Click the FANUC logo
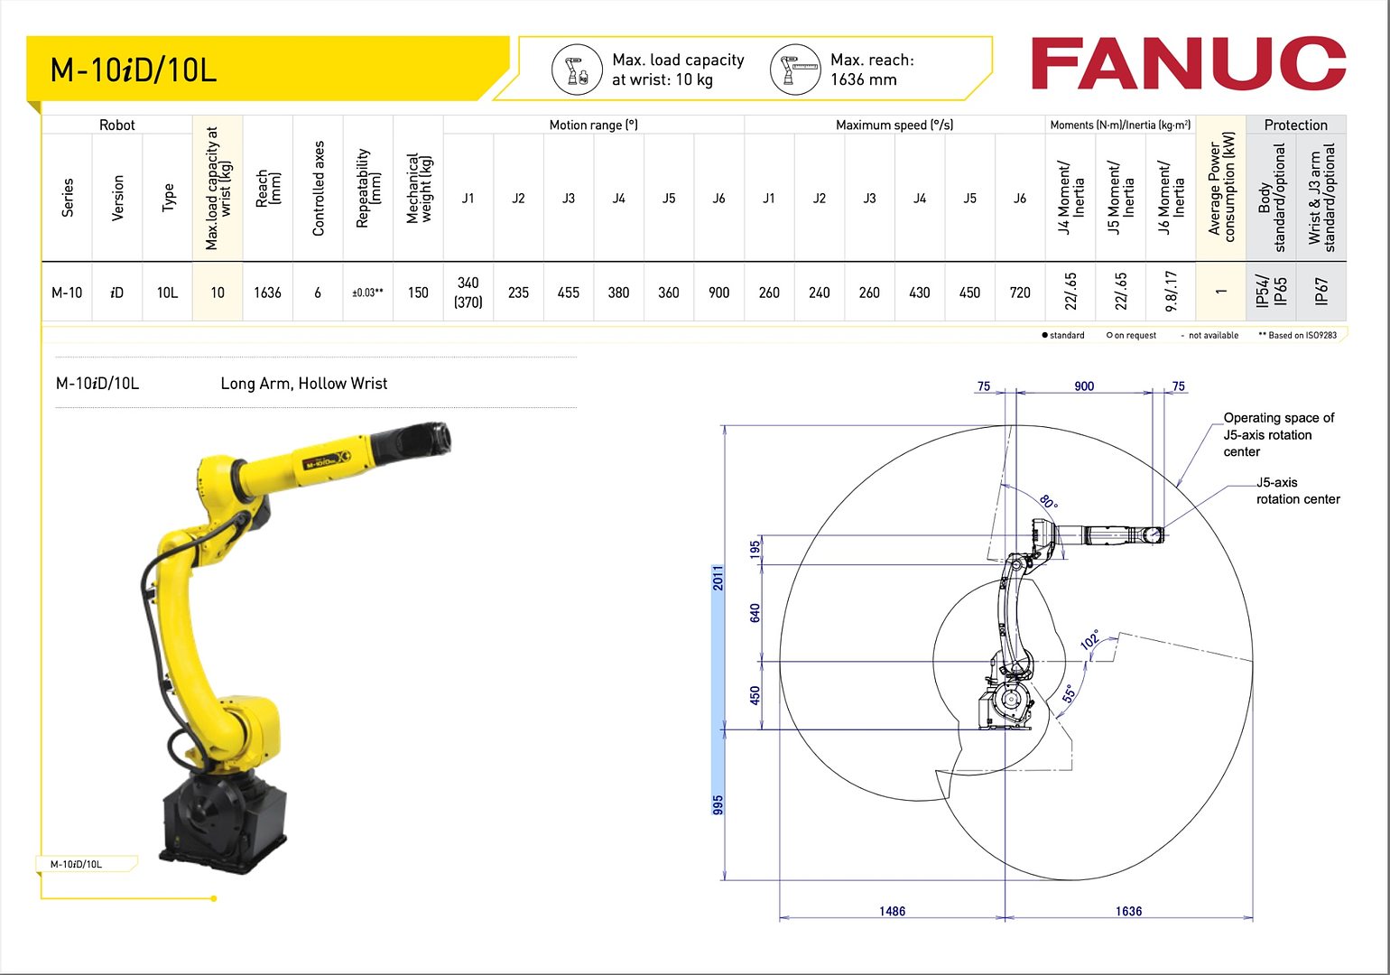point(1188,64)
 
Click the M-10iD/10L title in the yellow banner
point(134,70)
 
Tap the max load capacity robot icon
point(577,70)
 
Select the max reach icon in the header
point(795,70)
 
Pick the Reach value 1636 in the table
point(267,292)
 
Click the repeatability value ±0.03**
point(367,292)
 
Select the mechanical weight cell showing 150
point(418,292)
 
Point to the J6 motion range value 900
point(718,292)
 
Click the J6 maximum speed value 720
point(1020,292)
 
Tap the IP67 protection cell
point(1321,292)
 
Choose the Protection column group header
point(1295,125)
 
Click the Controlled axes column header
point(318,189)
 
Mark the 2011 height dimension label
point(718,578)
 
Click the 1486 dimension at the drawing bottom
point(892,911)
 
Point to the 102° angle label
point(1090,640)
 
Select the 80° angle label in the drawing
point(1048,501)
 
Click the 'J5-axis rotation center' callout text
point(1297,490)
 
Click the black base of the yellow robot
point(223,817)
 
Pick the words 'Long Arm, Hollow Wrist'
point(304,384)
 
